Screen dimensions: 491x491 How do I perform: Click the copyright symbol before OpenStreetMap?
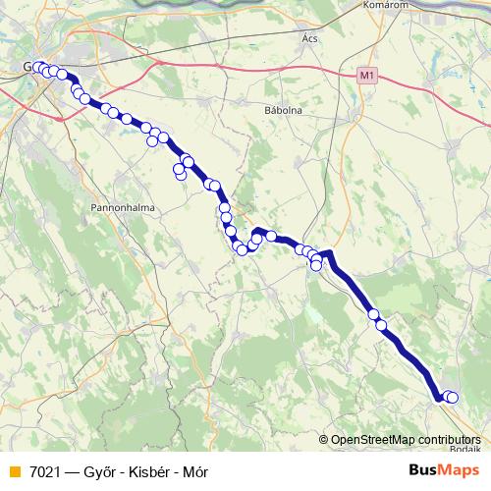(323, 440)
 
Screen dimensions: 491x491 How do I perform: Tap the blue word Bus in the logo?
(423, 470)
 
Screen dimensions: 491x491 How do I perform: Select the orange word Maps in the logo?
(459, 470)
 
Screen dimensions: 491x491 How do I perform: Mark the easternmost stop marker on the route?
(452, 397)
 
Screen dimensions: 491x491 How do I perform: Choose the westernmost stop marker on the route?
(37, 68)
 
